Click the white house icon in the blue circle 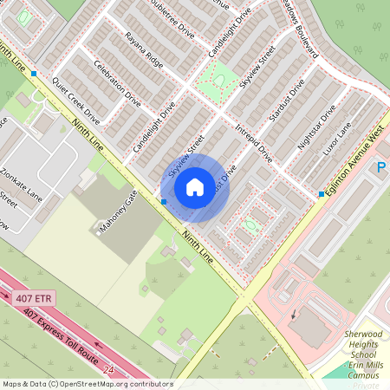195,186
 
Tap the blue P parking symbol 381,167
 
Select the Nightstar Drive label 315,127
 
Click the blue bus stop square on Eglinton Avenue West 321,194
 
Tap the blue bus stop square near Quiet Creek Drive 34,75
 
